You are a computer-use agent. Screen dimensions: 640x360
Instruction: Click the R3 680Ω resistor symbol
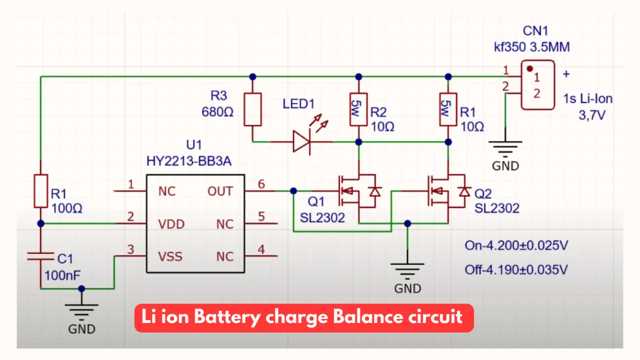(252, 109)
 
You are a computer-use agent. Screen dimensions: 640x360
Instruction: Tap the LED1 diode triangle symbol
(301, 141)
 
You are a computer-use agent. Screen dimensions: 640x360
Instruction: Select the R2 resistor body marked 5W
(358, 109)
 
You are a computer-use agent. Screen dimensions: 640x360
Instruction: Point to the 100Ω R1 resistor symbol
(40, 191)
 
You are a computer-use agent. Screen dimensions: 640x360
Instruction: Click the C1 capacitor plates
(40, 256)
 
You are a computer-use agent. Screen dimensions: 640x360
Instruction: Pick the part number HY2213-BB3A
(189, 161)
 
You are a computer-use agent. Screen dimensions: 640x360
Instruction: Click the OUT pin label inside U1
(220, 191)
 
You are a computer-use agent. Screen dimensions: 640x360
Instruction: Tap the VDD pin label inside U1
(171, 224)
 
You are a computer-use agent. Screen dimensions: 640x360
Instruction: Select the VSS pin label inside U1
(170, 256)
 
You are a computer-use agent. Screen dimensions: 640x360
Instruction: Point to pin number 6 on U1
(261, 184)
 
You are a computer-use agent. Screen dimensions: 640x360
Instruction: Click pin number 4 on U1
(261, 249)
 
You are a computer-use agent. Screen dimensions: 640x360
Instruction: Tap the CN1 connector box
(537, 85)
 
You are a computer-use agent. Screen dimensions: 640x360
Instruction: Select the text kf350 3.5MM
(531, 47)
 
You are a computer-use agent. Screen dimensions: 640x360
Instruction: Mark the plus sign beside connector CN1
(566, 74)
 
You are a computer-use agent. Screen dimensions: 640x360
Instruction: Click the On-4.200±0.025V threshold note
(516, 245)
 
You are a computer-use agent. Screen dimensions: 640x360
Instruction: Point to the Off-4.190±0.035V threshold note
(516, 270)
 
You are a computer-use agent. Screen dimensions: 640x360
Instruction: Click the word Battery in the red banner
(227, 317)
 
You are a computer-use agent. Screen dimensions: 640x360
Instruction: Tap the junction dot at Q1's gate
(293, 191)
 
